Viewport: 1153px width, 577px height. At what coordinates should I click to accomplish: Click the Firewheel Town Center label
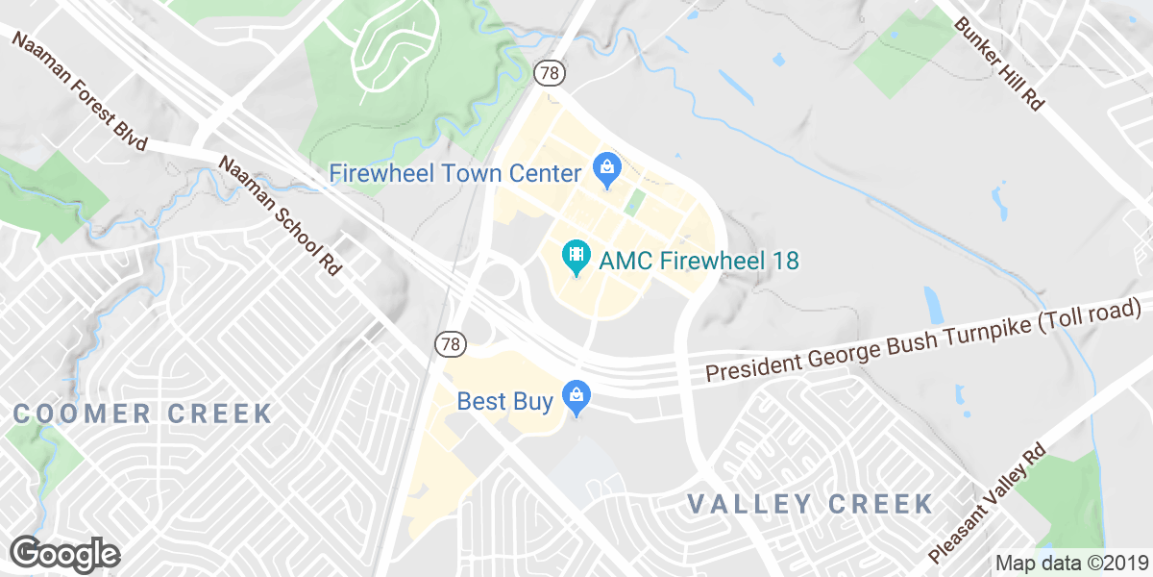pyautogui.click(x=454, y=174)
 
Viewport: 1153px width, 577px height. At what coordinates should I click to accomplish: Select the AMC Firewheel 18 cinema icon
pyautogui.click(x=576, y=256)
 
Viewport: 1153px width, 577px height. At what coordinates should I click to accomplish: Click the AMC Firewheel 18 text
pyautogui.click(x=699, y=261)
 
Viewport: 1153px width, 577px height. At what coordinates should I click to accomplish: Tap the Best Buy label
pyautogui.click(x=505, y=400)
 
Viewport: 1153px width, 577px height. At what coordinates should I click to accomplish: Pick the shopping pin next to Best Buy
pyautogui.click(x=576, y=395)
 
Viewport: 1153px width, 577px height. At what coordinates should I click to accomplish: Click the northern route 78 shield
pyautogui.click(x=549, y=72)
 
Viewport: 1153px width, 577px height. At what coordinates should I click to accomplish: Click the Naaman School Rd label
pyautogui.click(x=281, y=215)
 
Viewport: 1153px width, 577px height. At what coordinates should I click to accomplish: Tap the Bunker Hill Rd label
pyautogui.click(x=999, y=63)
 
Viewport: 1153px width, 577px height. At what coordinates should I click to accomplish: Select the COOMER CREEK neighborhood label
pyautogui.click(x=143, y=414)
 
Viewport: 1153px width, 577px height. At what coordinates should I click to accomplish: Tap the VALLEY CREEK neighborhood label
pyautogui.click(x=811, y=504)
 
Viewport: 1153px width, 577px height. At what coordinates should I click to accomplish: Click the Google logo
pyautogui.click(x=65, y=554)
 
